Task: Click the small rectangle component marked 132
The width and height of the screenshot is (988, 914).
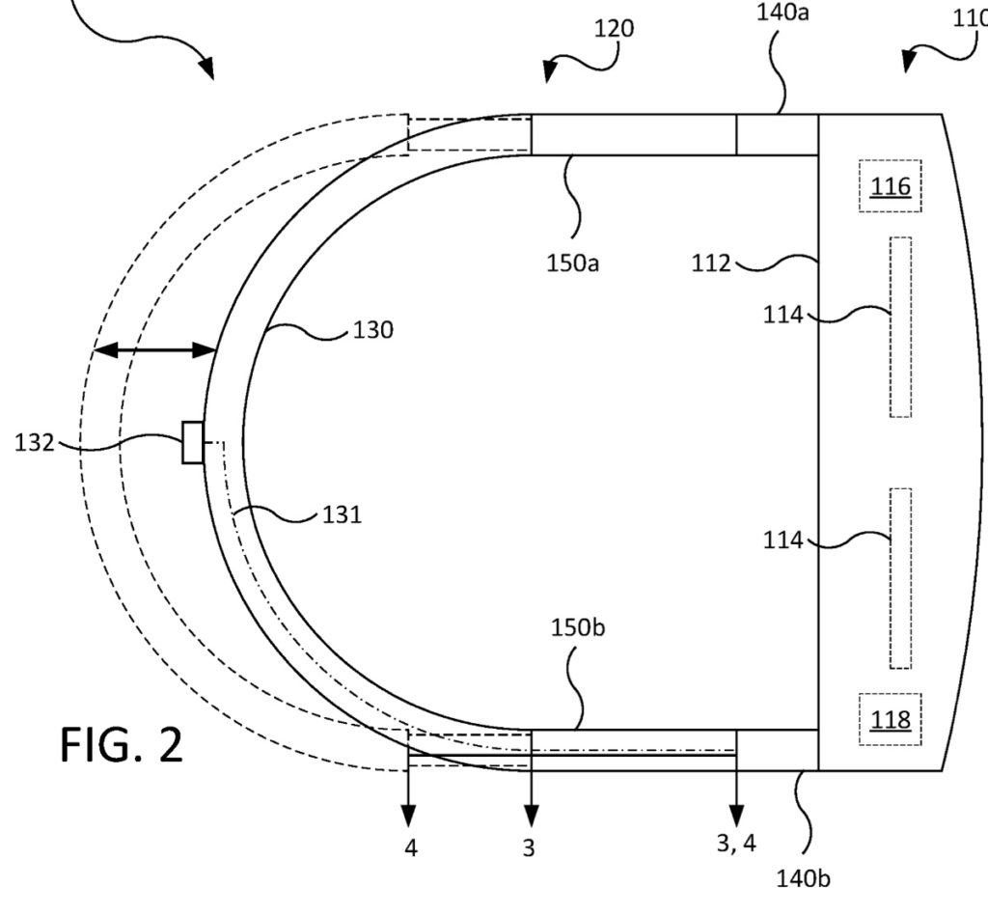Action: coord(193,442)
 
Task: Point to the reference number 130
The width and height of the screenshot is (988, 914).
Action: coord(373,330)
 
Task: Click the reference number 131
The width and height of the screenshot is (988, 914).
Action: coord(343,515)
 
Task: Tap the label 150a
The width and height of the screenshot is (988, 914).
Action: coord(572,263)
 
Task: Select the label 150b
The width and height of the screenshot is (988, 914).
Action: coord(578,627)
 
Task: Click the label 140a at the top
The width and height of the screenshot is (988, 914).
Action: coord(782,12)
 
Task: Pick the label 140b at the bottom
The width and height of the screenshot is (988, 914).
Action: coord(803,878)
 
